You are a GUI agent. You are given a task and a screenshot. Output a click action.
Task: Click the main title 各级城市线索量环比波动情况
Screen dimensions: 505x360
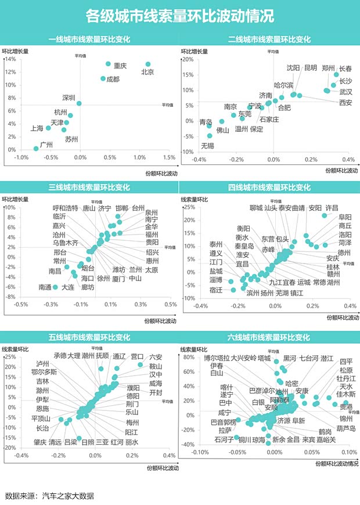click(179, 15)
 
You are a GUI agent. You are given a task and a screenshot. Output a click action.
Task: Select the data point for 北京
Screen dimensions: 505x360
click(148, 64)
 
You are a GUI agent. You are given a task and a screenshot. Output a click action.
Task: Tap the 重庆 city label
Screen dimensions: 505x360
click(120, 66)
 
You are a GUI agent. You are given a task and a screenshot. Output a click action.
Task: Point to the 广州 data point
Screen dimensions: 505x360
click(36, 149)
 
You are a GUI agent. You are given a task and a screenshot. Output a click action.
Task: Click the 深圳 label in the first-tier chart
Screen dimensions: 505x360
click(69, 98)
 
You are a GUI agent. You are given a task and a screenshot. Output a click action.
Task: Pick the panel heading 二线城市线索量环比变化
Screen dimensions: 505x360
click(269, 39)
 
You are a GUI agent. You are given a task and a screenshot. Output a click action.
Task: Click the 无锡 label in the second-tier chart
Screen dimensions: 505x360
click(207, 145)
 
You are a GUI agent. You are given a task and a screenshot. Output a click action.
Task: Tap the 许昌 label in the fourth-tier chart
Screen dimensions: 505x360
click(332, 208)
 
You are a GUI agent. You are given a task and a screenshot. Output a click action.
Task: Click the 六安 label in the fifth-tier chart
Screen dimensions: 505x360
click(156, 356)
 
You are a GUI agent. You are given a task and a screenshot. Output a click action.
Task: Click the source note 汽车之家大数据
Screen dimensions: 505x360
click(67, 496)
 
